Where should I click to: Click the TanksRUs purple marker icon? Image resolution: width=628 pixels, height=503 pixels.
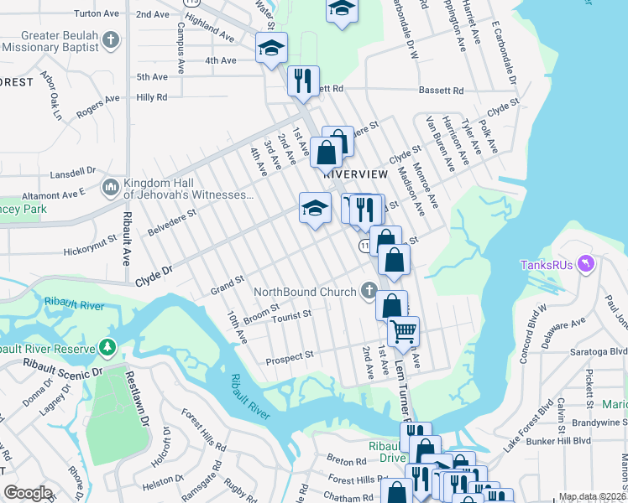pyautogui.click(x=586, y=265)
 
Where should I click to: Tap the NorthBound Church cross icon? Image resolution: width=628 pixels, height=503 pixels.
pyautogui.click(x=368, y=292)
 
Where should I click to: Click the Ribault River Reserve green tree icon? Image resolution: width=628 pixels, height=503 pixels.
pyautogui.click(x=107, y=347)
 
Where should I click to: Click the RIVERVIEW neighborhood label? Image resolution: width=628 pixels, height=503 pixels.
pyautogui.click(x=355, y=174)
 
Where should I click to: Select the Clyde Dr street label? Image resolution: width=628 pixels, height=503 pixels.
pyautogui.click(x=154, y=272)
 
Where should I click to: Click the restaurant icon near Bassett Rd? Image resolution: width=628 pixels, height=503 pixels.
pyautogui.click(x=303, y=80)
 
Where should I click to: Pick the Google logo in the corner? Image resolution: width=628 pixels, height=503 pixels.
pyautogui.click(x=29, y=493)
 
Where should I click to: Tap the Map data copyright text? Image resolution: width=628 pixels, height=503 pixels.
pyautogui.click(x=592, y=496)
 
